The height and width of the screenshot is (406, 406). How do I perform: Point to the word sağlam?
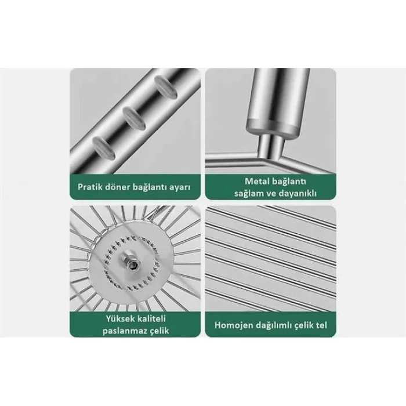pos(248,193)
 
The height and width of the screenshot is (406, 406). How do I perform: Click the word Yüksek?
pos(120,318)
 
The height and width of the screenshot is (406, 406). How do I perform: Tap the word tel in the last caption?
pos(321,325)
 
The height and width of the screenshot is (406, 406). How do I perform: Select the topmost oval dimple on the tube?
pos(166,87)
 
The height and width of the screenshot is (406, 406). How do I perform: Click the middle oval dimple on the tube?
pos(134,118)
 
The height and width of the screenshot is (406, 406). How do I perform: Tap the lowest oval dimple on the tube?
pos(103,147)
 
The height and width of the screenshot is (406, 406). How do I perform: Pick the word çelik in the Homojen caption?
pos(303,325)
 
